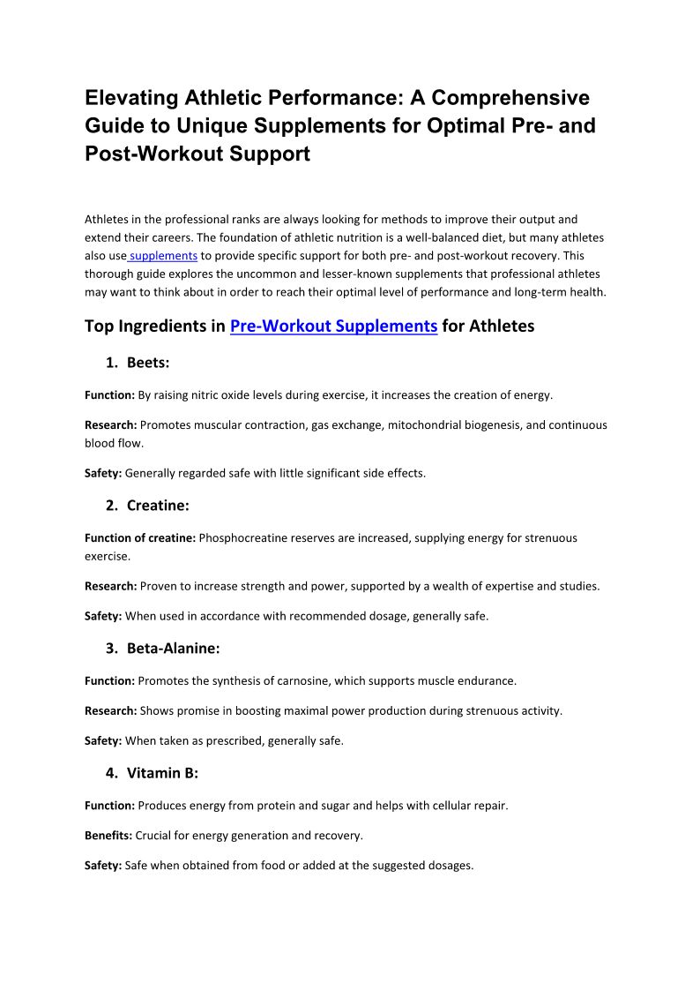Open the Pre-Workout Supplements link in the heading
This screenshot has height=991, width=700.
pyautogui.click(x=333, y=326)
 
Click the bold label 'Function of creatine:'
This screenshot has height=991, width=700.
pyautogui.click(x=140, y=537)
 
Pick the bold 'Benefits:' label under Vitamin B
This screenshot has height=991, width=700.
pyautogui.click(x=108, y=835)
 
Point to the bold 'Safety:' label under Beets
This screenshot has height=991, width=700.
pyautogui.click(x=103, y=473)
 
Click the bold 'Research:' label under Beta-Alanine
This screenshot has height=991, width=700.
pyautogui.click(x=110, y=710)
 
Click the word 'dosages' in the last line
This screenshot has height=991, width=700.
pyautogui.click(x=448, y=866)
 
